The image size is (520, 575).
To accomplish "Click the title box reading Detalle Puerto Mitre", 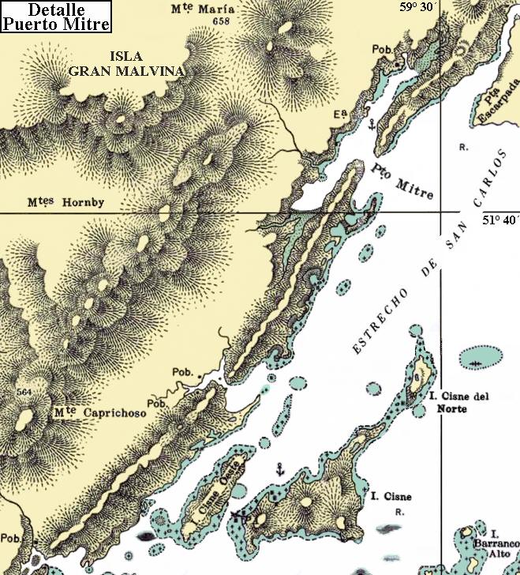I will coord(57,16).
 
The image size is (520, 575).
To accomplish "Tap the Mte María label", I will coord(197,10).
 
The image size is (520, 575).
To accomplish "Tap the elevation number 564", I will coord(24,393).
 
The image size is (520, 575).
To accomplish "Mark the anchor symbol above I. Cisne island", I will coord(278,470).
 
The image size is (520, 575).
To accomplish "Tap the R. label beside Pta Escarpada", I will coord(463,148).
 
